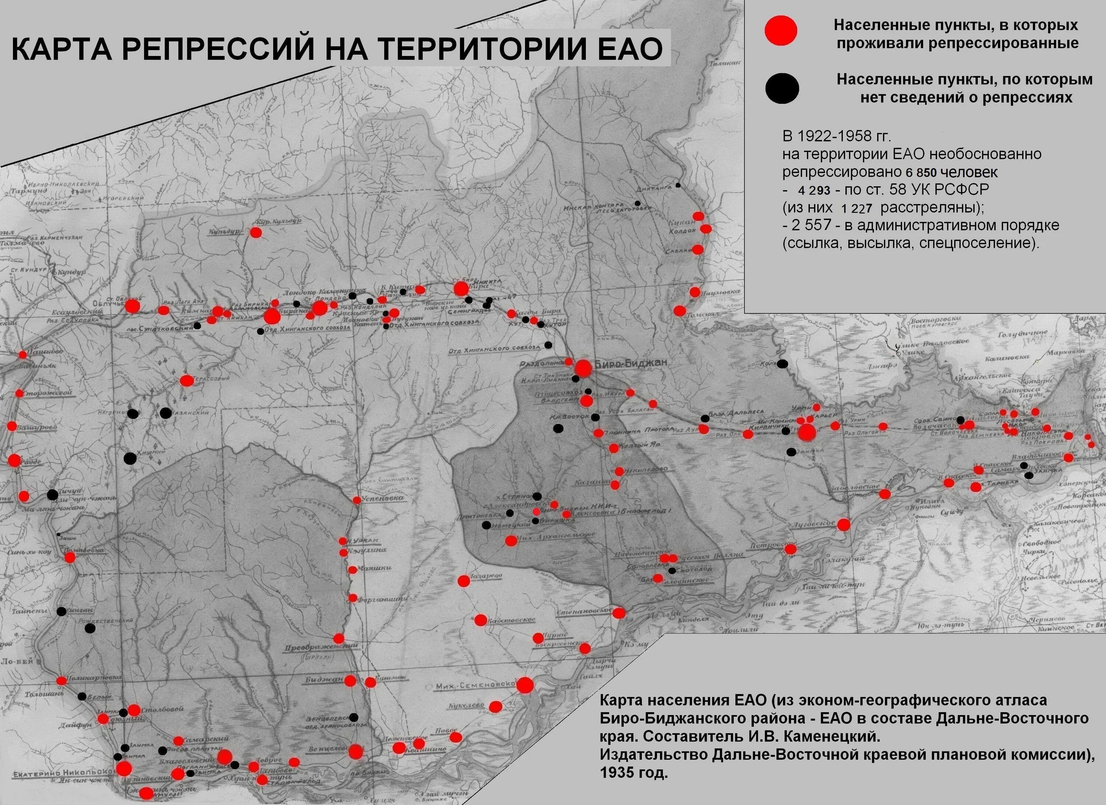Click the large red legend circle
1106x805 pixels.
(781, 30)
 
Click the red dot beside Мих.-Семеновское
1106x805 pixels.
(525, 686)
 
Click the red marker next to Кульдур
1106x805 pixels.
(255, 232)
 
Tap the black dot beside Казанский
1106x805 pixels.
(166, 413)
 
